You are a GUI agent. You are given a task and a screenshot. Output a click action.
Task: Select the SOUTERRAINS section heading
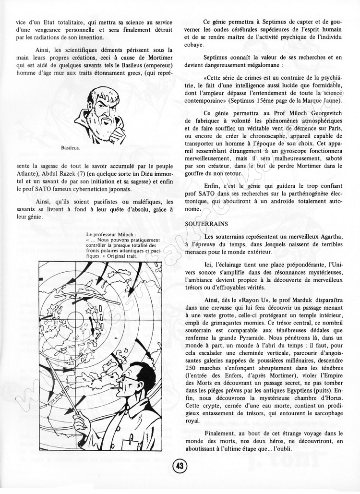(x=206, y=224)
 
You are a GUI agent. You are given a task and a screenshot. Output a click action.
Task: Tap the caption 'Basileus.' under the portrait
(x=72, y=148)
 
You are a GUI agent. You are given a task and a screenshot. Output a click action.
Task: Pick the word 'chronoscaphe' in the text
(x=254, y=136)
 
